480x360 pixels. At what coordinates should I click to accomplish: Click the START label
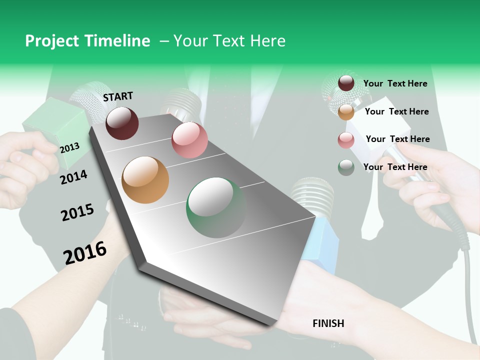tap(118, 96)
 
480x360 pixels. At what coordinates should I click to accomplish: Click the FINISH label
tap(328, 323)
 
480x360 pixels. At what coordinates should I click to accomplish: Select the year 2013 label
tap(69, 147)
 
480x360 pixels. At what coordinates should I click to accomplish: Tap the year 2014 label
tap(73, 177)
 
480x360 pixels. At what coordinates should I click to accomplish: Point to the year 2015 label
tap(77, 212)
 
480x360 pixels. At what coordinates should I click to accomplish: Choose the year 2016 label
tap(85, 252)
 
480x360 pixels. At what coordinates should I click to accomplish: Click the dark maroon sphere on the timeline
tap(122, 123)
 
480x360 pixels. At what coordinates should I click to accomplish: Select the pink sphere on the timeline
tap(189, 140)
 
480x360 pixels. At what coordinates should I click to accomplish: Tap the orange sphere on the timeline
tap(145, 180)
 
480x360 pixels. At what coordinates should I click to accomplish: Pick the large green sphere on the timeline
tap(216, 207)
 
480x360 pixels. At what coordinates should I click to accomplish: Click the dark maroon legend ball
tap(346, 83)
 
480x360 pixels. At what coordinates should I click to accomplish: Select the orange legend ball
tap(346, 111)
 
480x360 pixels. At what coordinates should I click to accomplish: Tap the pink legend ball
tap(346, 140)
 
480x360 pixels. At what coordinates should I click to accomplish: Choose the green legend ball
tap(346, 167)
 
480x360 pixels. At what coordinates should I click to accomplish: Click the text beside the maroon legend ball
tap(395, 83)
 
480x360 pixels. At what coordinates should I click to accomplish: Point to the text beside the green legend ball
tap(395, 167)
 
